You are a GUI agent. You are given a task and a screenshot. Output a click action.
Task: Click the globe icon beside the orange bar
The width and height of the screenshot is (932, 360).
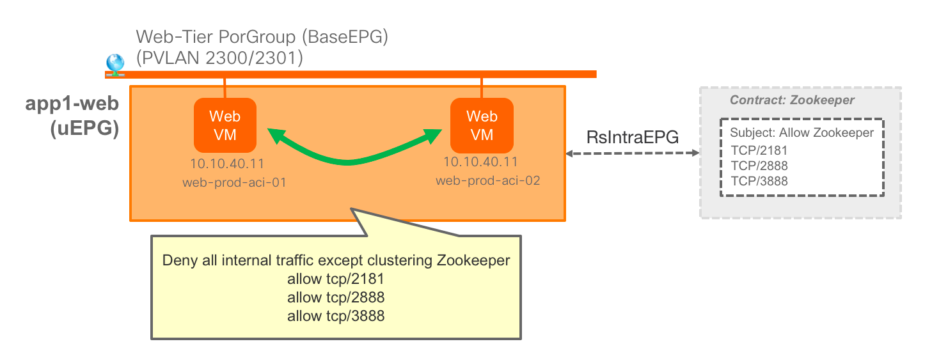(x=115, y=63)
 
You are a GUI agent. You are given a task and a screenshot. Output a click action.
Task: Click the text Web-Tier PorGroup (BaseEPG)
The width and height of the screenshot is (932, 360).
(x=262, y=38)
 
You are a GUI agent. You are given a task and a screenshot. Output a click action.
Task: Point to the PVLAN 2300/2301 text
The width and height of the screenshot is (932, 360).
(x=219, y=58)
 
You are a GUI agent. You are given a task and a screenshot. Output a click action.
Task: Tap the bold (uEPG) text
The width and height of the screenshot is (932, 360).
(x=84, y=129)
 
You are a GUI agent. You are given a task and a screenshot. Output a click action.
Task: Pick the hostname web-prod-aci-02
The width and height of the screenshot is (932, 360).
(x=487, y=181)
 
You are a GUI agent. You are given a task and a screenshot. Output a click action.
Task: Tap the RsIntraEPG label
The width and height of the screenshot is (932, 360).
(x=632, y=137)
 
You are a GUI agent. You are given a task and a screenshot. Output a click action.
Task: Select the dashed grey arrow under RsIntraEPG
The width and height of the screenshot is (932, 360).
(x=632, y=153)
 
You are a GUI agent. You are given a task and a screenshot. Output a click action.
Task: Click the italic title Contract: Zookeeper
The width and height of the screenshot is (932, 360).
(x=792, y=100)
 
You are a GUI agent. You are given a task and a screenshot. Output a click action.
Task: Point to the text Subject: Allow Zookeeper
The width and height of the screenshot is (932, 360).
(x=802, y=133)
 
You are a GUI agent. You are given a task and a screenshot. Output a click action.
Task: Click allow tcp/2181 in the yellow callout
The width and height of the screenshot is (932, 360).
(x=336, y=279)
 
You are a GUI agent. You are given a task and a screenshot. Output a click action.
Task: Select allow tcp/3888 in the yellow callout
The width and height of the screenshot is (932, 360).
(x=336, y=315)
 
